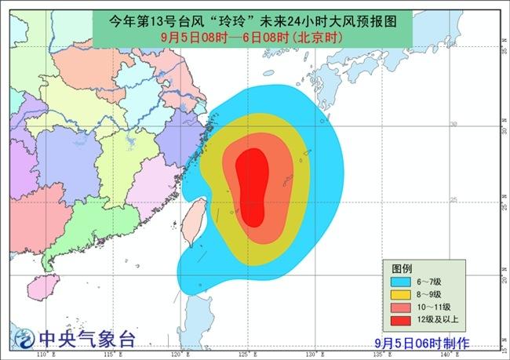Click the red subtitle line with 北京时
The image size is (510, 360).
point(256,36)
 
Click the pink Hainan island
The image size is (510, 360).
point(49,284)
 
